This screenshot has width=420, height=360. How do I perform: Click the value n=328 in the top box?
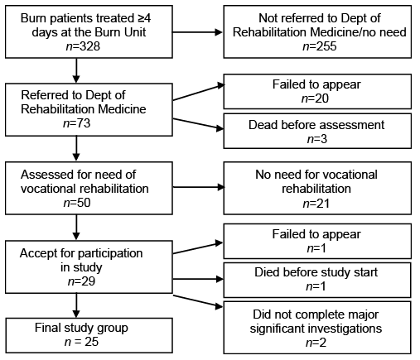coord(83,46)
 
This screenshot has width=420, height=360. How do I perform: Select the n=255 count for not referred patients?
coord(320,46)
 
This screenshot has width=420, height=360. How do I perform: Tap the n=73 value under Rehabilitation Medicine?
coord(77,123)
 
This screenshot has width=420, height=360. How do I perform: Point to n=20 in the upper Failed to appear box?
coord(315,98)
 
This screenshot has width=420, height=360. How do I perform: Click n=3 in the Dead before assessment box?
coord(317,139)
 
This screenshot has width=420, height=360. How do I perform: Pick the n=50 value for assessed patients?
coord(77,203)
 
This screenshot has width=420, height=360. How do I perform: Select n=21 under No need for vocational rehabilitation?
coord(316,204)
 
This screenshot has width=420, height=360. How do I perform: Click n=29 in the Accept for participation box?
coord(81,281)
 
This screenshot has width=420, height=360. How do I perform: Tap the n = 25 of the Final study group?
coord(81,342)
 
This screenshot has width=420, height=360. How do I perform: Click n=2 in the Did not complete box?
coord(316,343)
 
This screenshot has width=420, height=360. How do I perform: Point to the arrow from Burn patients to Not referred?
coord(197,32)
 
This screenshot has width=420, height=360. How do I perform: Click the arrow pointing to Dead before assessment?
coord(198,124)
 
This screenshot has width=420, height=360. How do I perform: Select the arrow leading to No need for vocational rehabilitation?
coord(198,187)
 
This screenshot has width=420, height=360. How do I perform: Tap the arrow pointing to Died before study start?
coord(198,279)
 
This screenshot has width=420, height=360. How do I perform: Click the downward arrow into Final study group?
coord(76,305)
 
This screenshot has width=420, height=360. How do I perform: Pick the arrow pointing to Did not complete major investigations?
coord(198,301)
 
